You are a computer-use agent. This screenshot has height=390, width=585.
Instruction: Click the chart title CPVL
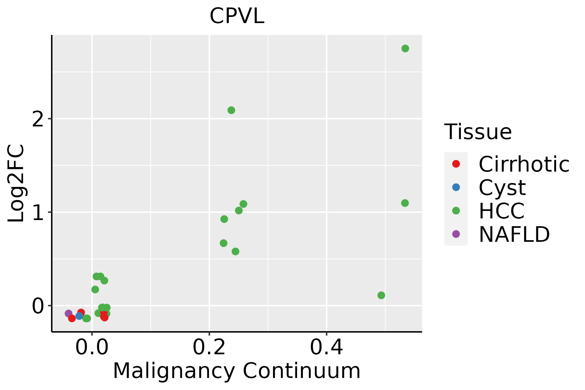tap(237, 16)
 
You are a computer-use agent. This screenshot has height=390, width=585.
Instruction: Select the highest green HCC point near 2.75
tap(405, 48)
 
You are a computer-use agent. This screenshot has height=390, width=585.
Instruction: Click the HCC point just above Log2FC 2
tap(231, 110)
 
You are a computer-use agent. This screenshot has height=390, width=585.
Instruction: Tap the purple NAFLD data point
tap(69, 314)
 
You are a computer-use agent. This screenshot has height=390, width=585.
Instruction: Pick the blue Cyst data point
tap(79, 316)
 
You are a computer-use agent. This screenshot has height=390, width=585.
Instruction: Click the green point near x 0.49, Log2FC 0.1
tap(381, 295)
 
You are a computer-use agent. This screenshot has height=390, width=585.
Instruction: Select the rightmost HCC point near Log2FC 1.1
tap(405, 203)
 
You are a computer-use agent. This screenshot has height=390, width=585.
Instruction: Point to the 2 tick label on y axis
tap(38, 119)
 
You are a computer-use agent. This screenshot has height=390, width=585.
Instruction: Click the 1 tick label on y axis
tap(38, 213)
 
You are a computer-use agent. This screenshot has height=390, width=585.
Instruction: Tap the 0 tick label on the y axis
tap(38, 306)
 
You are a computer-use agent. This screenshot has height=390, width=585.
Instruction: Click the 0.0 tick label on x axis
tap(92, 348)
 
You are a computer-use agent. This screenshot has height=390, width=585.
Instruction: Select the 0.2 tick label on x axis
tap(209, 348)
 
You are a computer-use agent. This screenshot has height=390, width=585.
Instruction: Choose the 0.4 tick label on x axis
tap(326, 348)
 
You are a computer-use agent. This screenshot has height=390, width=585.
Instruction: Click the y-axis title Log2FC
tap(16, 184)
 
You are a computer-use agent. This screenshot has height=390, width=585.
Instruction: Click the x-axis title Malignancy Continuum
tap(237, 371)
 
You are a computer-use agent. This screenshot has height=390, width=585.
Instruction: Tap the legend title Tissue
tap(478, 132)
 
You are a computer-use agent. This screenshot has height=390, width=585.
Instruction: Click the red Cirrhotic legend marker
tap(456, 164)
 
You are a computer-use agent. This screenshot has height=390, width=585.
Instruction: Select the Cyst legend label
tap(502, 188)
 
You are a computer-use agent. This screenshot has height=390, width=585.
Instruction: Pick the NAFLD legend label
tap(514, 234)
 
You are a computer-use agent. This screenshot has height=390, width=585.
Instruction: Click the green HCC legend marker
tap(456, 211)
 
